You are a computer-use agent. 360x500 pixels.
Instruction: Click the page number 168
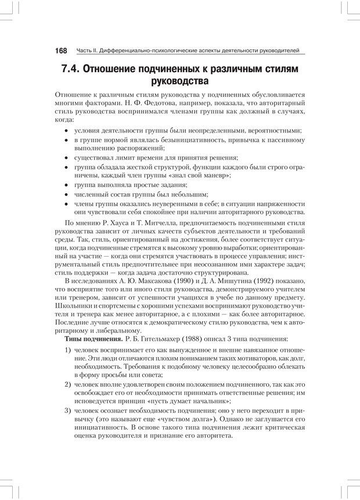point(61,51)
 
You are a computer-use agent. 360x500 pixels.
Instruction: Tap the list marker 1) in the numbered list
point(68,351)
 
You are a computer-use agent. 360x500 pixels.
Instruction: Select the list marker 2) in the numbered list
point(68,384)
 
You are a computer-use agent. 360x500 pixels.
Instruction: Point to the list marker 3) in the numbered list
point(68,411)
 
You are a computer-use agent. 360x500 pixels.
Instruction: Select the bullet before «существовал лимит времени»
point(67,157)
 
